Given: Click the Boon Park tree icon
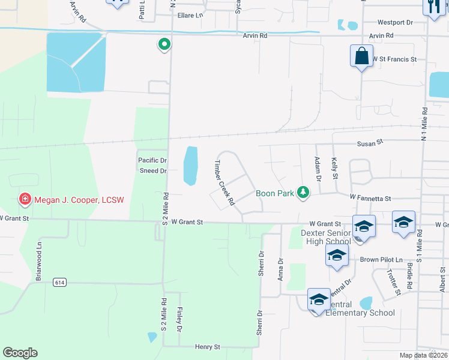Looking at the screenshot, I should click(304, 192).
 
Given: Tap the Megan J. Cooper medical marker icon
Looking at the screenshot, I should click(25, 199).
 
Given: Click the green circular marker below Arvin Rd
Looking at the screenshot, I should click(163, 44).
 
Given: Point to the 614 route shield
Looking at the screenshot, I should click(59, 282).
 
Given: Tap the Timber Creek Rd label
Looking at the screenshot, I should click(224, 183).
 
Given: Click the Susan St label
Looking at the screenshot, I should click(370, 143).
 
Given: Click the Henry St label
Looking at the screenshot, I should click(208, 347).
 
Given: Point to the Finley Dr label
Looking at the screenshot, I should click(179, 319).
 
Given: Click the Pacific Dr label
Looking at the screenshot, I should click(152, 160).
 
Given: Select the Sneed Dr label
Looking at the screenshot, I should click(152, 170).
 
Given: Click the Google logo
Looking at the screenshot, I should click(20, 353).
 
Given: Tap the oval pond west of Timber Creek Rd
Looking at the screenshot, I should click(190, 165).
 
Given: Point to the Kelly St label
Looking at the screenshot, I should click(335, 167).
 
